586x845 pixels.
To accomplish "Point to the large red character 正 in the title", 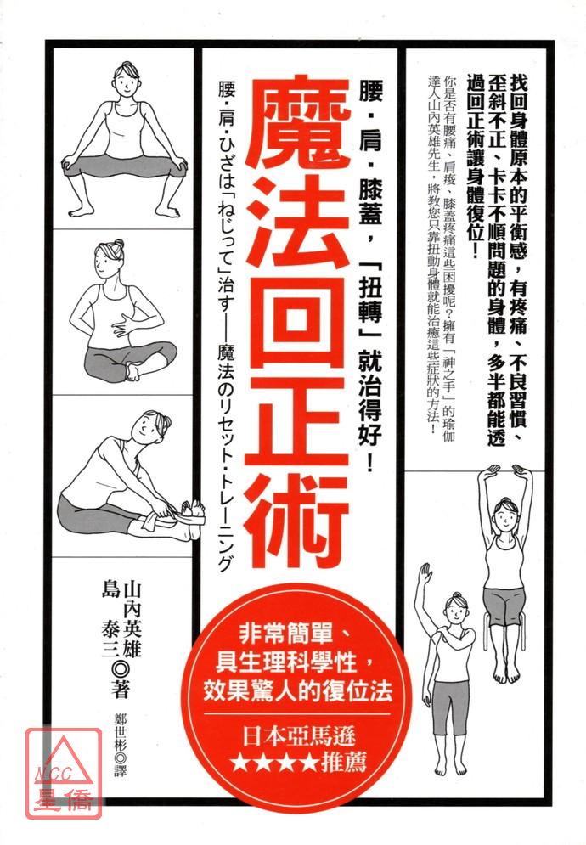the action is point(297,421).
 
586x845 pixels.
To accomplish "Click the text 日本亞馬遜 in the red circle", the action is point(298,736).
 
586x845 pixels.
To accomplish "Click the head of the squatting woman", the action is point(125,80).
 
